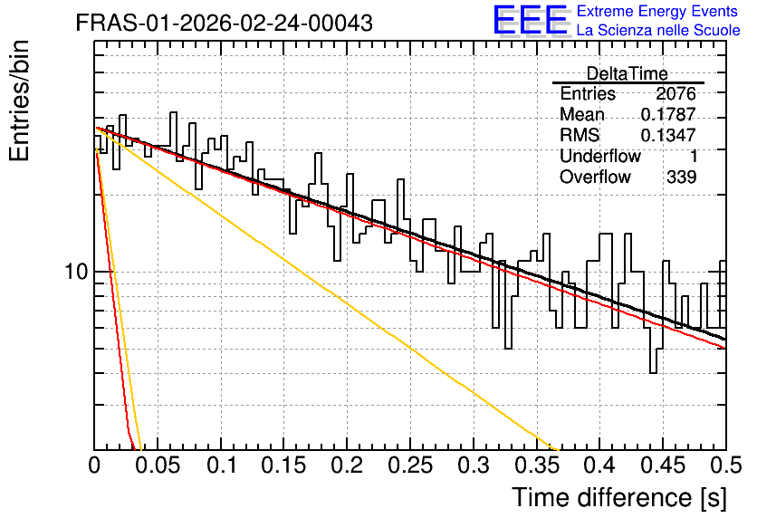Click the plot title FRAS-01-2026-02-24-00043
pyautogui.click(x=225, y=23)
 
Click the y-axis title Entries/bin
pyautogui.click(x=19, y=101)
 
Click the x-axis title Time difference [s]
pyautogui.click(x=619, y=497)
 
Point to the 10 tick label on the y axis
pyautogui.click(x=77, y=272)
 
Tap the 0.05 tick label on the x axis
pyautogui.click(x=158, y=465)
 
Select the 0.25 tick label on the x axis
pyautogui.click(x=410, y=465)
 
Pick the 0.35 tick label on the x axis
pyautogui.click(x=536, y=465)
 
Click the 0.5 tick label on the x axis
pyautogui.click(x=726, y=465)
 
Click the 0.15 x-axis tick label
pyautogui.click(x=284, y=465)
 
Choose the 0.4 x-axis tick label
pyautogui.click(x=599, y=465)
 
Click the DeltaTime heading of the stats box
pyautogui.click(x=628, y=73)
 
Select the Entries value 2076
pyautogui.click(x=676, y=93)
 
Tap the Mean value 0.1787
pyautogui.click(x=668, y=114)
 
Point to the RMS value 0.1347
pyautogui.click(x=668, y=135)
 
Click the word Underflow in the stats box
pyautogui.click(x=600, y=156)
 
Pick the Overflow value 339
pyautogui.click(x=682, y=177)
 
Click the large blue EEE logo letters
pyautogui.click(x=530, y=20)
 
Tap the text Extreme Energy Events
pyautogui.click(x=657, y=11)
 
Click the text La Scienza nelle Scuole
pyautogui.click(x=658, y=30)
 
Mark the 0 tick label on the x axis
pyautogui.click(x=94, y=465)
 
